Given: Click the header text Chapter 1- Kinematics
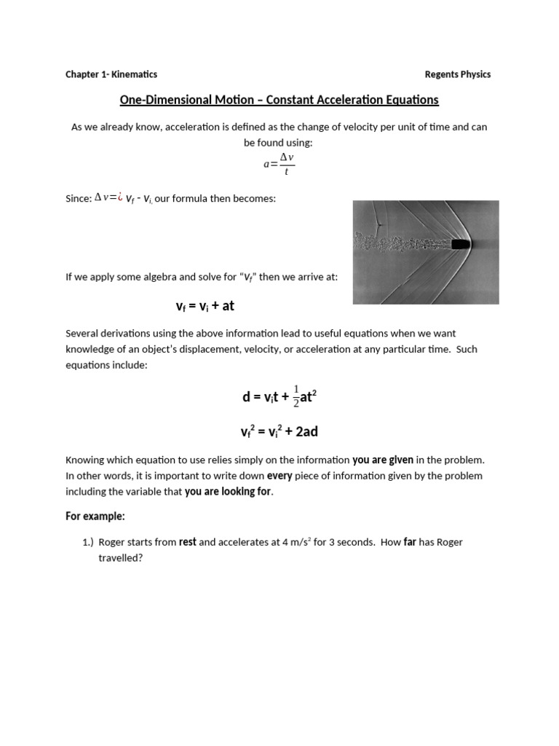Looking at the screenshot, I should [111, 74].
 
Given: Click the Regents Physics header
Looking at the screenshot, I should [457, 74].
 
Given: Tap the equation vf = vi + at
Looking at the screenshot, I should [205, 306].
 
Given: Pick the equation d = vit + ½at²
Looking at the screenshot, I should [279, 397].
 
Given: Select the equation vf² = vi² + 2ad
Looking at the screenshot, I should [279, 432].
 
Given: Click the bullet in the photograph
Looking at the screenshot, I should [461, 245].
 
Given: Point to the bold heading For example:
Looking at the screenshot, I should [95, 517].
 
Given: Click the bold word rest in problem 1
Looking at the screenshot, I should [188, 543].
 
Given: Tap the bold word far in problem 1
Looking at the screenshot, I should [410, 543].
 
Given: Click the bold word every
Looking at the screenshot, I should [279, 476].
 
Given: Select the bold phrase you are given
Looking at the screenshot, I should [383, 460].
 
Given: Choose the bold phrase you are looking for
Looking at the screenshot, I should [229, 492].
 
